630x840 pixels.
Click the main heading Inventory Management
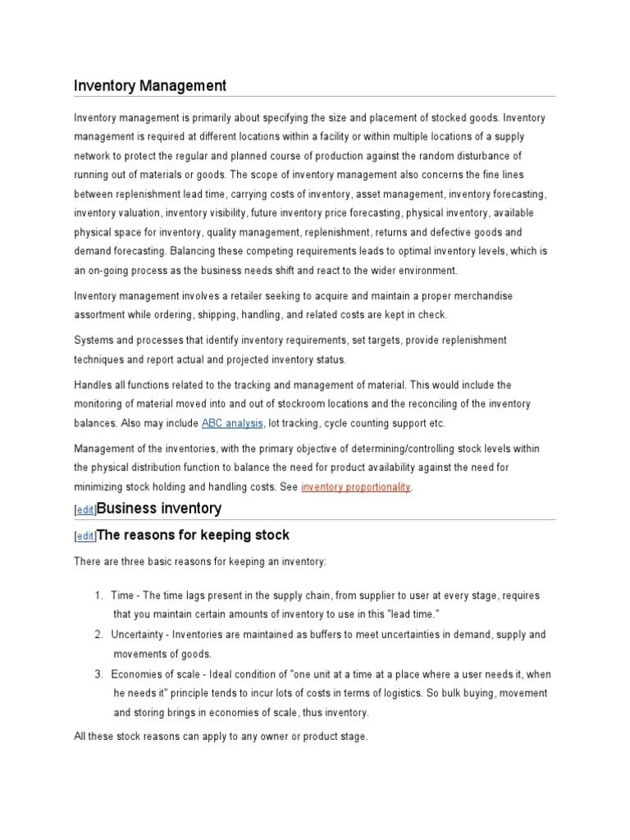coord(150,85)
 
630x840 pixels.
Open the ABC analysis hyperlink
coord(232,423)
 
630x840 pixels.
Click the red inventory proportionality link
coord(356,487)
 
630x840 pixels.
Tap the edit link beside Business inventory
coord(84,510)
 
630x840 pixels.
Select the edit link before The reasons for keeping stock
coord(84,536)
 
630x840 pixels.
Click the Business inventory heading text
coord(159,509)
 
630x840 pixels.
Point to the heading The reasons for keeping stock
coord(194,536)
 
